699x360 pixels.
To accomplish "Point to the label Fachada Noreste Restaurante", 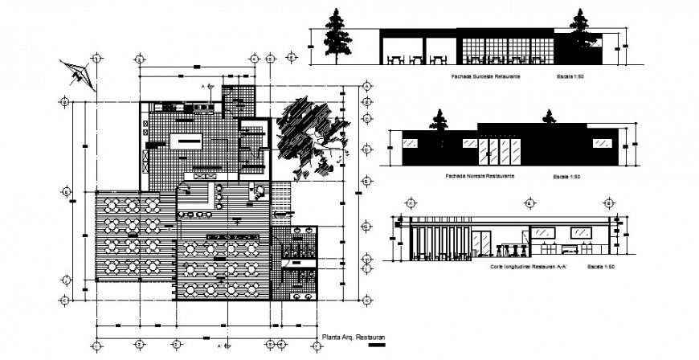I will point(479,175).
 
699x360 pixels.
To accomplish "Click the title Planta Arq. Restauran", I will point(354,337).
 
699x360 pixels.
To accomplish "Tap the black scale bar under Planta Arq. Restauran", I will point(376,346).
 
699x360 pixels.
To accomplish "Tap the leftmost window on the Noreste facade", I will point(408,142).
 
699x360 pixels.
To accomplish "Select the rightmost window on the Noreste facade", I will point(601,142).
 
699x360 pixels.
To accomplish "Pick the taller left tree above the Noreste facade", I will point(440,121).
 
